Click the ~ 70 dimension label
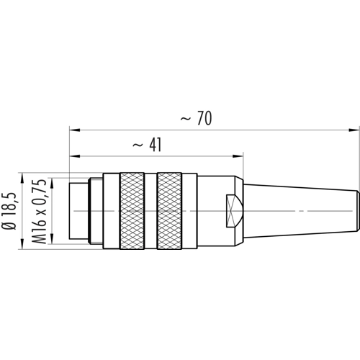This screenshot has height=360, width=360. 196,118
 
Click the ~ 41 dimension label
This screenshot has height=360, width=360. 148,145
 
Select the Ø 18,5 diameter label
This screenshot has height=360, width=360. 9,211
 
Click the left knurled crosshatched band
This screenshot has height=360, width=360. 132,211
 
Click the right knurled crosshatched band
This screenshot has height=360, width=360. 169,211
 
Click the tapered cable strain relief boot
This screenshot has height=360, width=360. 302,211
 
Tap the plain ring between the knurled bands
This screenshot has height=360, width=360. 150,211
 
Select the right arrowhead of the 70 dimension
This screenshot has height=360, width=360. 353,130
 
